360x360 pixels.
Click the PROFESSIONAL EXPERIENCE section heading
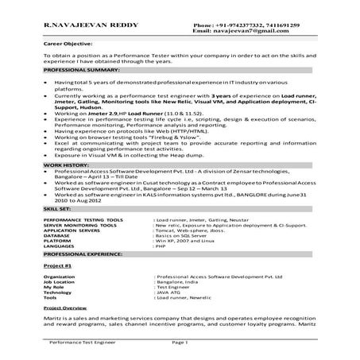tap(83, 254)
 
